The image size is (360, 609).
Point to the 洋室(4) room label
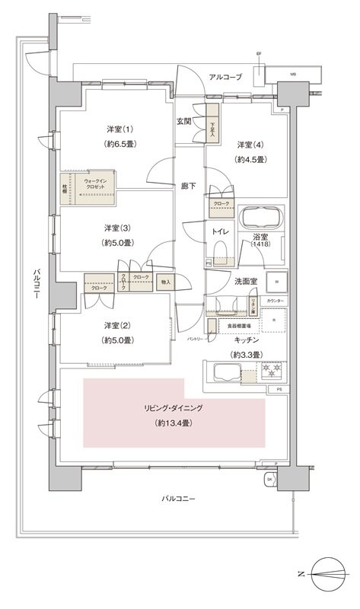[250, 145]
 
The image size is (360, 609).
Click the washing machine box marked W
[276, 282]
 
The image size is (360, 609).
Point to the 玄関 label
[185, 121]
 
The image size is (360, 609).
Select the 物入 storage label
[166, 282]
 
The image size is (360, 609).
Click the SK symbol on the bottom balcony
[269, 480]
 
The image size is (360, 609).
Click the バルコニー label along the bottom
[179, 499]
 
